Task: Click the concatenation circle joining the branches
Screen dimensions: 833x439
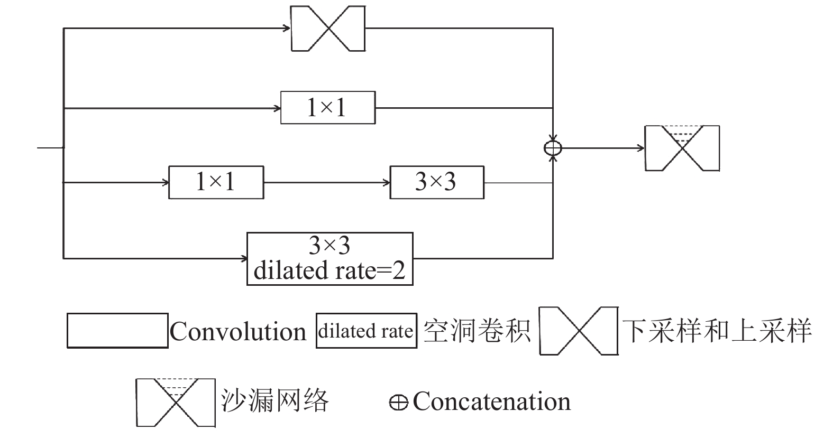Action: click(553, 148)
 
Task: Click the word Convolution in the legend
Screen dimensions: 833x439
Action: click(238, 331)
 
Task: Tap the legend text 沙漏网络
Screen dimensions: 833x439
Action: click(275, 400)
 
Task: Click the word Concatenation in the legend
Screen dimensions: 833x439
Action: click(492, 401)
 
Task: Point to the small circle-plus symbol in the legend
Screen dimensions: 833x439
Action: click(399, 403)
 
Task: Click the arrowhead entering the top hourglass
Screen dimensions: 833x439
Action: click(287, 28)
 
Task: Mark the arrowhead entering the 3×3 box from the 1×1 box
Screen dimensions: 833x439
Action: click(387, 182)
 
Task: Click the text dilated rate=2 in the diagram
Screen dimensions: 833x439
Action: click(329, 270)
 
